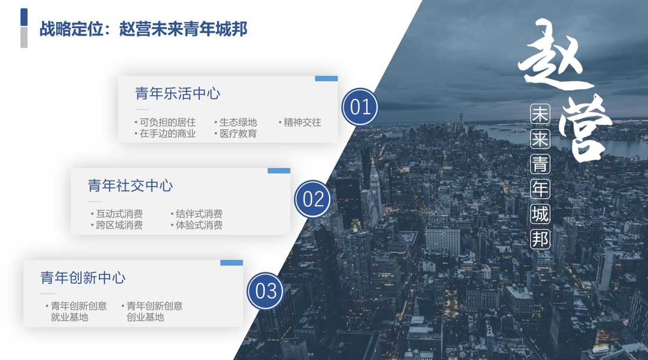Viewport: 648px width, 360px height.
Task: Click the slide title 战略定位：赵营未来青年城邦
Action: (x=143, y=29)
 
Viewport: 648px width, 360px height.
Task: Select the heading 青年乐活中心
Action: (x=177, y=93)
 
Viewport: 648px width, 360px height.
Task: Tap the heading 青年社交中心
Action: (x=130, y=186)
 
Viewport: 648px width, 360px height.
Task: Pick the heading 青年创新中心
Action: (x=83, y=278)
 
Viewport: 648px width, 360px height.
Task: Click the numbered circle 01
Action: (x=360, y=107)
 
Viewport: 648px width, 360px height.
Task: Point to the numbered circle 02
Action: (x=313, y=199)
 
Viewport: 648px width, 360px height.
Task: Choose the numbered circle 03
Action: (x=265, y=291)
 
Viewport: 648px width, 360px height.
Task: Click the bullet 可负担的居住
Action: (x=165, y=122)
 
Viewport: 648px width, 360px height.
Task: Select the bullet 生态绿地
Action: (x=236, y=122)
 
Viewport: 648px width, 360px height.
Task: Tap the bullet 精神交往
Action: (x=300, y=122)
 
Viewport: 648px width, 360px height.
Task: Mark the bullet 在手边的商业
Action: (x=165, y=133)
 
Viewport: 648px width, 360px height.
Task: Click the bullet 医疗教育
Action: (x=236, y=133)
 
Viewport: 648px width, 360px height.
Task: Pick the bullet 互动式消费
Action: (x=117, y=214)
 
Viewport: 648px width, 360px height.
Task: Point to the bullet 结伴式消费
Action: (x=197, y=214)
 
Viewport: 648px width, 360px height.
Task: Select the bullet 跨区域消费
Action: (x=117, y=225)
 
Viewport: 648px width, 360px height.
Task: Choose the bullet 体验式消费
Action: (x=197, y=225)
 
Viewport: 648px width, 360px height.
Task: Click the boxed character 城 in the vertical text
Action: (x=540, y=214)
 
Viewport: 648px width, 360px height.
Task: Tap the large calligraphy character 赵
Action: (x=554, y=56)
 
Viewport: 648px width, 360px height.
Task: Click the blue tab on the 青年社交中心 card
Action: (x=279, y=170)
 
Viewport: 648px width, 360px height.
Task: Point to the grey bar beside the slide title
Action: (x=24, y=37)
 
